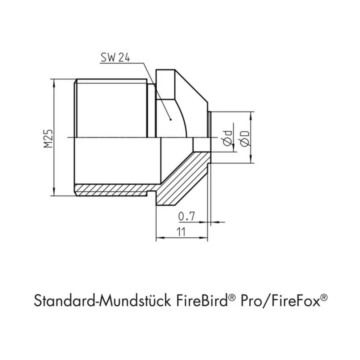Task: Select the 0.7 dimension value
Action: point(186,216)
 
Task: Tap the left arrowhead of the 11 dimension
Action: point(158,238)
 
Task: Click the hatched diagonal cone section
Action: point(182,180)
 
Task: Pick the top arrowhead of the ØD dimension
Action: point(251,115)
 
